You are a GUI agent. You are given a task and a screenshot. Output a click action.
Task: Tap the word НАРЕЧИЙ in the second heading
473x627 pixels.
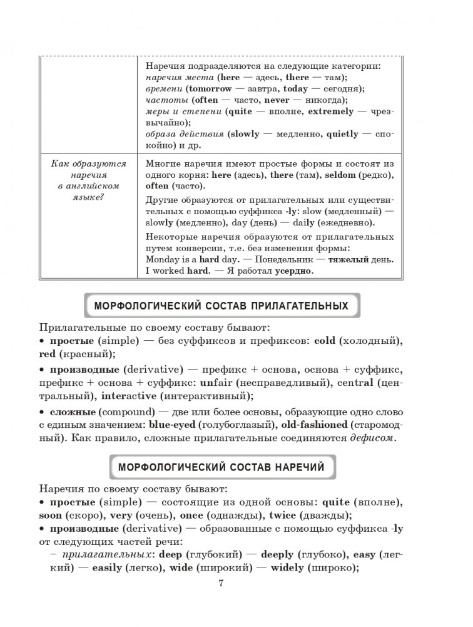coord(296,467)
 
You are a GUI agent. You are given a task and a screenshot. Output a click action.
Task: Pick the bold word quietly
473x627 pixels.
coord(341,133)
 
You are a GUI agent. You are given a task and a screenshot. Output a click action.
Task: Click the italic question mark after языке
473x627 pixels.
coord(103,197)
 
